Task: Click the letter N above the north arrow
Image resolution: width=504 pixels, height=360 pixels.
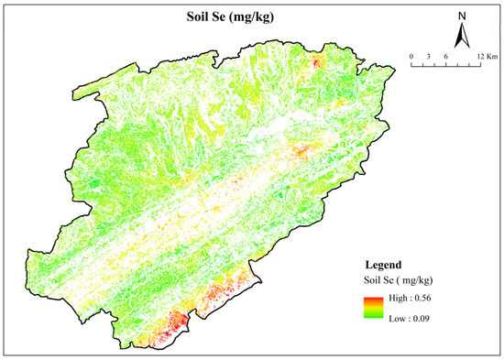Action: [x=463, y=16]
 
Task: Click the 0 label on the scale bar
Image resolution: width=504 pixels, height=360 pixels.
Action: [x=412, y=56]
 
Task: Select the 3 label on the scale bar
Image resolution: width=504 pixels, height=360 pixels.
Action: [x=430, y=56]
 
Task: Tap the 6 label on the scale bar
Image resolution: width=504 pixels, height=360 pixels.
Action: [x=446, y=56]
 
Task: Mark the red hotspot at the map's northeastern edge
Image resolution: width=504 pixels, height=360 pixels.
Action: [x=317, y=62]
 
